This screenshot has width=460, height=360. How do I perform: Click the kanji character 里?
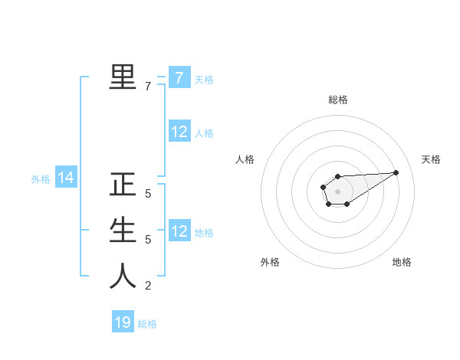click(x=123, y=77)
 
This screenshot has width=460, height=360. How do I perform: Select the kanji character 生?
click(x=123, y=231)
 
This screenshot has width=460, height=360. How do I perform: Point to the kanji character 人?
click(x=123, y=276)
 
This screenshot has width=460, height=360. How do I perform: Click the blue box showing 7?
click(x=179, y=78)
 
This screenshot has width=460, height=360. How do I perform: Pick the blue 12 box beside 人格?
click(x=179, y=132)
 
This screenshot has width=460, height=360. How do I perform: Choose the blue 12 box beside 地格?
click(x=179, y=231)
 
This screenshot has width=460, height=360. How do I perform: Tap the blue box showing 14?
click(x=66, y=178)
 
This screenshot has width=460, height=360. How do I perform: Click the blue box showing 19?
click(x=123, y=322)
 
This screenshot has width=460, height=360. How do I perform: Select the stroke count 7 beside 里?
click(x=148, y=87)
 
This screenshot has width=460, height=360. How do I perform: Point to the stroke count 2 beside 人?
click(x=148, y=286)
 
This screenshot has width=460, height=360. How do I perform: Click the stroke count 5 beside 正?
click(x=148, y=195)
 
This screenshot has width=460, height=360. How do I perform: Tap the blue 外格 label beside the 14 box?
click(x=41, y=179)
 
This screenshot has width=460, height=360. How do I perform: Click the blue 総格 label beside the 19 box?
click(x=147, y=324)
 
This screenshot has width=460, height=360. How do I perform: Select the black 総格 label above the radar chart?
click(x=337, y=100)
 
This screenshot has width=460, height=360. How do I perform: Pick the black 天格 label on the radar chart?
click(x=431, y=159)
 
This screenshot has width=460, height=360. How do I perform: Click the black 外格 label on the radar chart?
click(x=270, y=262)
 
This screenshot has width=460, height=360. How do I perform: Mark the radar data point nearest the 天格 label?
click(x=396, y=172)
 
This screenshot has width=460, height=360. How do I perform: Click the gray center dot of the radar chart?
click(x=337, y=191)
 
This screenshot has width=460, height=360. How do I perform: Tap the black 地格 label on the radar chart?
click(x=402, y=262)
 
